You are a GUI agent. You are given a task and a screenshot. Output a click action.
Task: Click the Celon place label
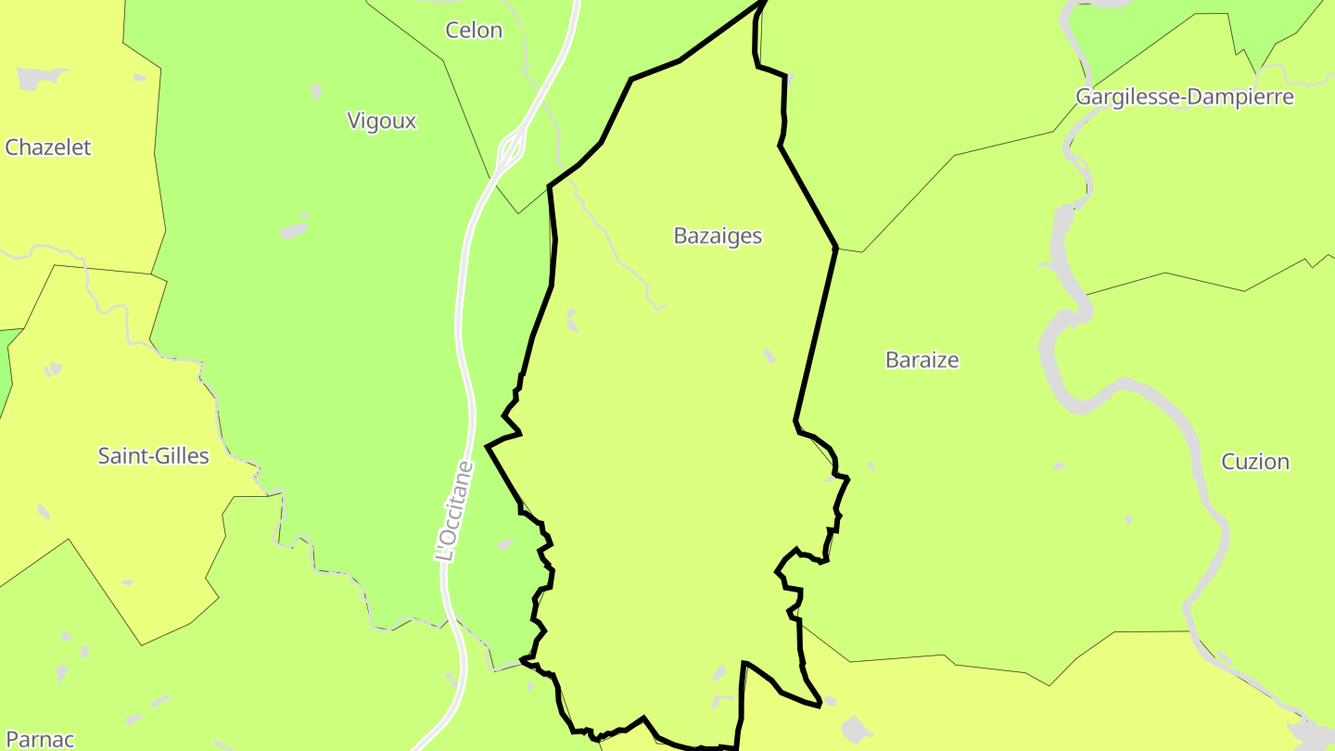[x=474, y=30]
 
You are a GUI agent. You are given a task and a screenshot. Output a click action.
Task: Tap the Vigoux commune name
[x=381, y=121]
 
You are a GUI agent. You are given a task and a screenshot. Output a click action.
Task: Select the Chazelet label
[x=48, y=147]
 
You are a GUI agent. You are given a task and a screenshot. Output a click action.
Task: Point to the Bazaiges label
[x=718, y=235]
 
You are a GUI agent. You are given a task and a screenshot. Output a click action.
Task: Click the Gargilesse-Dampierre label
[x=1184, y=96]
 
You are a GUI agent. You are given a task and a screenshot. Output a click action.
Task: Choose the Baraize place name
[x=922, y=360]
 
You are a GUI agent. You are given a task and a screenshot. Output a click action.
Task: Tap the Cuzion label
[x=1254, y=462]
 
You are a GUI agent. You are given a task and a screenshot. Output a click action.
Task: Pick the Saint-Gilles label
[x=153, y=456]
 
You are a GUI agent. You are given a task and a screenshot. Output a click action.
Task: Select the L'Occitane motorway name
[x=453, y=512]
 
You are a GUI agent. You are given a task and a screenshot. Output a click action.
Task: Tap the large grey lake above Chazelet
[x=41, y=78]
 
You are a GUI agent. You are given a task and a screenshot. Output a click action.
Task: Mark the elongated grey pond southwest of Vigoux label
[x=293, y=229]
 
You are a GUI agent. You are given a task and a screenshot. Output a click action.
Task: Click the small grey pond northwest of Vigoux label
[x=316, y=91]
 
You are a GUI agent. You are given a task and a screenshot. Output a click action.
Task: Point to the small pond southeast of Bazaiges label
[x=769, y=355]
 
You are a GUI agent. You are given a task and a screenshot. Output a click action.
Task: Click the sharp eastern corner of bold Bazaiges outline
[x=836, y=248]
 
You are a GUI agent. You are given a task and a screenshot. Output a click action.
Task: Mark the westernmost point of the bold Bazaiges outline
[x=487, y=447]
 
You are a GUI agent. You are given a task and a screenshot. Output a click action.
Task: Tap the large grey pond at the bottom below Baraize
[x=856, y=729]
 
